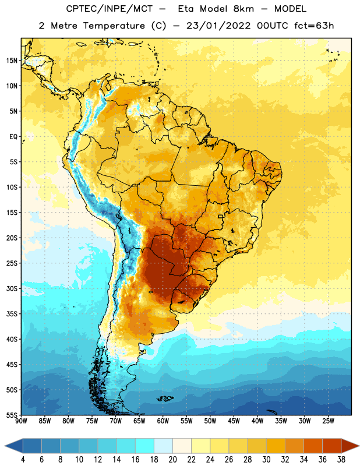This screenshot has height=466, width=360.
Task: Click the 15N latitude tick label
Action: (11, 61)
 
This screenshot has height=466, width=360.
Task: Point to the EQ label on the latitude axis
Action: (13, 137)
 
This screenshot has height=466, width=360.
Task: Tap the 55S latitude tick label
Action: (12, 415)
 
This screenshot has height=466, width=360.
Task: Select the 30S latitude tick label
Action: (12, 288)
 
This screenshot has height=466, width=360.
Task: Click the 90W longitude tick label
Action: (21, 421)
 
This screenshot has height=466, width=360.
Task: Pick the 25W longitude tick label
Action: (328, 421)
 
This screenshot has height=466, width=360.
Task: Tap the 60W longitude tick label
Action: (163, 421)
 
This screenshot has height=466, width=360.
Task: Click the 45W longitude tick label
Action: (234, 421)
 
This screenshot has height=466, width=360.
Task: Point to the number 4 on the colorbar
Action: (23, 460)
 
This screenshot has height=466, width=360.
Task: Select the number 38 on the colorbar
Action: (341, 460)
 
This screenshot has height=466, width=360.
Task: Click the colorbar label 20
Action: (172, 460)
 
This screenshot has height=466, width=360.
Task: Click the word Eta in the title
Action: (186, 9)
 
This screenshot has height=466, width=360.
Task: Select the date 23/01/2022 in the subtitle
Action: (218, 26)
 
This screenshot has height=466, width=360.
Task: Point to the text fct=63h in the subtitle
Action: (314, 26)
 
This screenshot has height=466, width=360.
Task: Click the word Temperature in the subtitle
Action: (114, 26)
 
